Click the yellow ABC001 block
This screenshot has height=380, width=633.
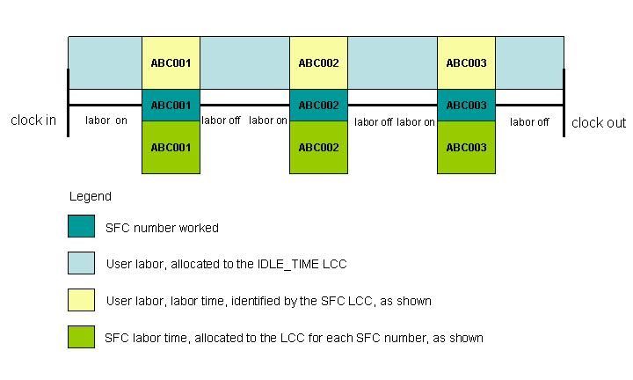coord(171,62)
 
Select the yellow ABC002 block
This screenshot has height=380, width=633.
coord(318,62)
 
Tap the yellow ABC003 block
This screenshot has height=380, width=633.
coord(466,62)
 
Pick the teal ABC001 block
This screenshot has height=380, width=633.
coord(171,105)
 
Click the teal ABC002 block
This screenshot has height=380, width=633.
coord(318,105)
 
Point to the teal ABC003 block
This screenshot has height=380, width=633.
coord(466,105)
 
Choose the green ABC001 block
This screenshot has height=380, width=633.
coord(171,147)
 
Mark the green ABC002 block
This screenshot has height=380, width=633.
coord(318,147)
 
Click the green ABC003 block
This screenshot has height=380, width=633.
coord(466,147)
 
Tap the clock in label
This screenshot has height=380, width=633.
coord(33,121)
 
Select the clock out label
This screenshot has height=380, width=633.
coord(599,123)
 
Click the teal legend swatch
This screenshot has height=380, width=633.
coord(81,226)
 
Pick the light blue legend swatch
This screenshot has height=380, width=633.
coord(81,263)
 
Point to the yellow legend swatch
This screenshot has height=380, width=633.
coord(81,300)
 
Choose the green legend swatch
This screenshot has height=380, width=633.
coord(81,337)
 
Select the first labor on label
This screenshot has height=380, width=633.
coord(105,121)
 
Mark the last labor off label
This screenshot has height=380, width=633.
coord(529,122)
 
